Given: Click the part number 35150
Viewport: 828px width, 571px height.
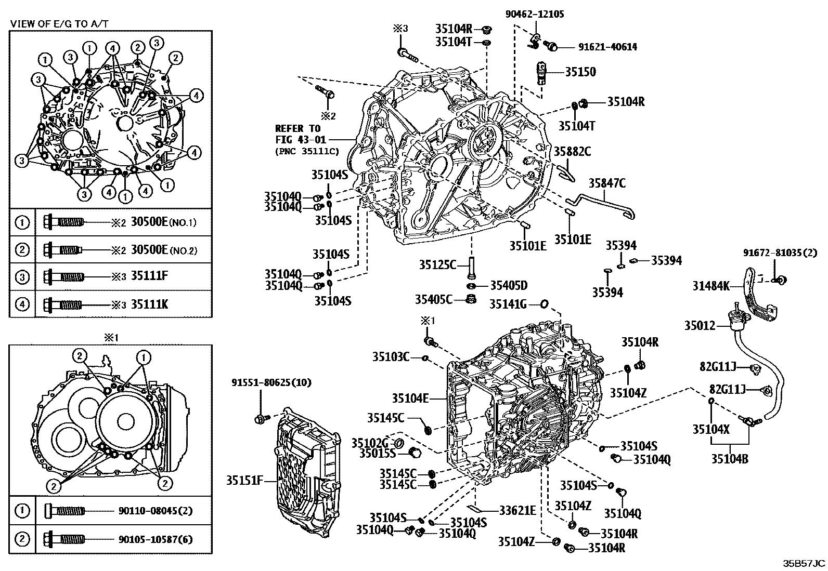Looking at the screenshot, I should [x=580, y=72].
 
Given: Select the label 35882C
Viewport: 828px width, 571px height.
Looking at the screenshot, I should [x=572, y=151].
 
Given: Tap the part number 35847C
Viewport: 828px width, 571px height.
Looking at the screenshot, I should [x=607, y=182].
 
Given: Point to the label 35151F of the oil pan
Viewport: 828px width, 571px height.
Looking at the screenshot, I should [x=244, y=480].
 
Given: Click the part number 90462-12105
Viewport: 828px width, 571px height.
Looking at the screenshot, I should [x=535, y=15].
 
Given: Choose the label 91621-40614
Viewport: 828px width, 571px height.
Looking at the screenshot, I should [x=607, y=47].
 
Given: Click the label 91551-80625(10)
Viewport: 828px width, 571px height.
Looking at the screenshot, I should [x=271, y=383].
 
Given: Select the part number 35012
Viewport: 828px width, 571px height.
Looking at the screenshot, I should [x=700, y=326].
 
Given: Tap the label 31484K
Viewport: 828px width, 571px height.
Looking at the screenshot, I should [x=710, y=285].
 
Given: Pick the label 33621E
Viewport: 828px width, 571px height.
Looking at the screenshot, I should [x=517, y=510].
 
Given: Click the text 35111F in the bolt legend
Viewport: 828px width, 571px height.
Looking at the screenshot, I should [x=149, y=276].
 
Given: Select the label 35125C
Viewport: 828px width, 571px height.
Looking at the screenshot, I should [x=437, y=265].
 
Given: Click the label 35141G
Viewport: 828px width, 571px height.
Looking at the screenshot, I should [x=508, y=304].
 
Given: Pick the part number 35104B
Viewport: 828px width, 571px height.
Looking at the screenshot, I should [x=730, y=459].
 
